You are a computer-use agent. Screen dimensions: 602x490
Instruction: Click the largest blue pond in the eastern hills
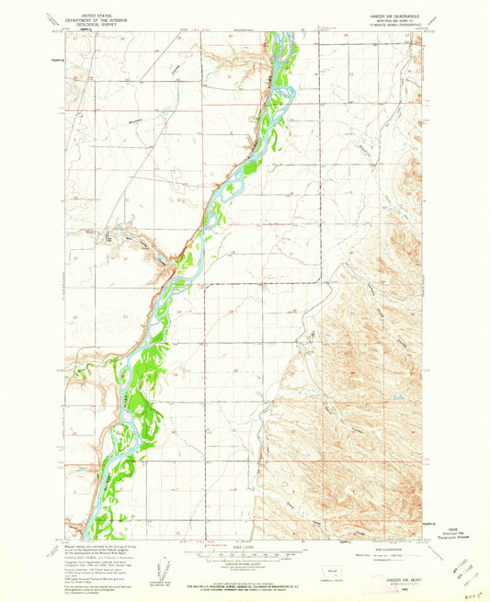pyautogui.click(x=396, y=397)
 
